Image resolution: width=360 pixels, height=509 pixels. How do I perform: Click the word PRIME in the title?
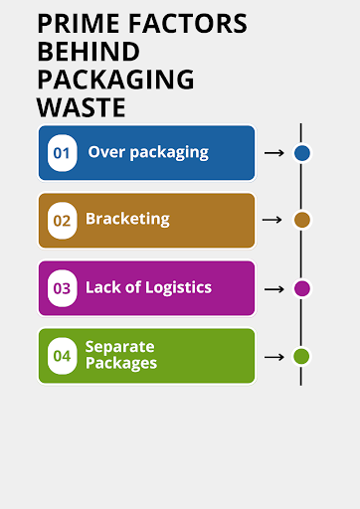[x=78, y=24]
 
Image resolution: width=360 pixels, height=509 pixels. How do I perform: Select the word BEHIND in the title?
[x=88, y=51]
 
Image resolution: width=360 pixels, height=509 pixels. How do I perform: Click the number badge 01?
[x=63, y=153]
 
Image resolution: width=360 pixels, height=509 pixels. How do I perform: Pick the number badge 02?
[x=63, y=221]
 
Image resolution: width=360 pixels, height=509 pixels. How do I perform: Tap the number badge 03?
[x=63, y=288]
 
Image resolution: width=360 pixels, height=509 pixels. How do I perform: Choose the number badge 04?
[x=63, y=356]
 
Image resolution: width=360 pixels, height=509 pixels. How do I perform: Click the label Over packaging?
[x=148, y=152]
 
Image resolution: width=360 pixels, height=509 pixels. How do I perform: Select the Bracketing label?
[x=127, y=219]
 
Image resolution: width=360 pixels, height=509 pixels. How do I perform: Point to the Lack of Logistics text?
[x=148, y=287]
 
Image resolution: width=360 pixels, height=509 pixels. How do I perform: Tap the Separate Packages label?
[x=121, y=355]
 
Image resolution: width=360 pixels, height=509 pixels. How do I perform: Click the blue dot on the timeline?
[x=302, y=153]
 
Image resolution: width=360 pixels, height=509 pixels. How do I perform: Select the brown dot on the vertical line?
[x=302, y=220]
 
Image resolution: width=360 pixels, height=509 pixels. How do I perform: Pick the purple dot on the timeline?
[x=302, y=288]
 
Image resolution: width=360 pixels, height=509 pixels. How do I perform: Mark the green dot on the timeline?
[x=302, y=356]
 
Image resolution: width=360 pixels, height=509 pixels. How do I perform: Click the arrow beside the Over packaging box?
[x=273, y=153]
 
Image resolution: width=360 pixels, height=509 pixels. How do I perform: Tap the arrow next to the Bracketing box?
[x=273, y=220]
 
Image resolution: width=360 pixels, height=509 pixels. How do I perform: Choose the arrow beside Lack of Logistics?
[x=273, y=288]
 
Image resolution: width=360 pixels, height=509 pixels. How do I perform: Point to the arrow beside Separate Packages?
[x=273, y=356]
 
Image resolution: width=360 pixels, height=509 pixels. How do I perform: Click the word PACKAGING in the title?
[x=115, y=78]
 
